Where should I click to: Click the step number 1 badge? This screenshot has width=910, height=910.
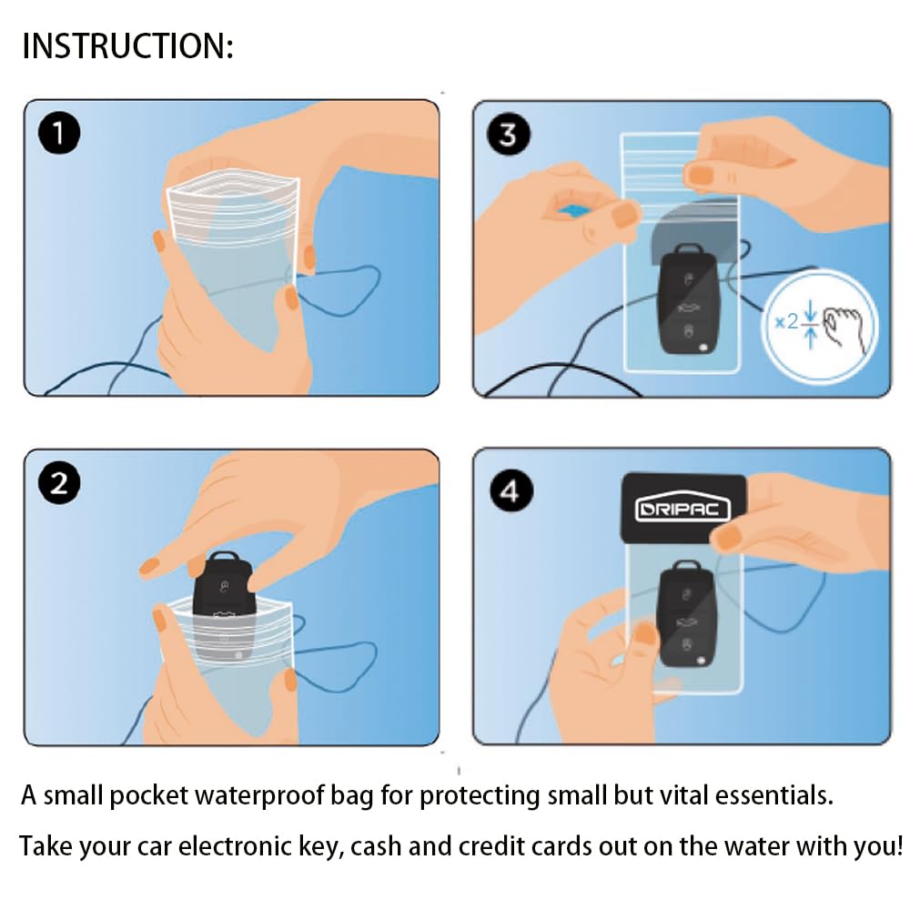(x=59, y=133)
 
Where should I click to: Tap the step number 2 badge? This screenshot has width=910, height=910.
(x=59, y=483)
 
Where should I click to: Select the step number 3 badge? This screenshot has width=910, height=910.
(x=509, y=134)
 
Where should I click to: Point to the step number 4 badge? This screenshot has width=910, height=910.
(x=511, y=491)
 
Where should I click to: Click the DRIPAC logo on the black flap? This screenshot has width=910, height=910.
(x=683, y=509)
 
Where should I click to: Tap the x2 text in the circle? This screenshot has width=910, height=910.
(x=787, y=321)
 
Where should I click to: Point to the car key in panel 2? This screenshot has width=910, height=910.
(x=224, y=603)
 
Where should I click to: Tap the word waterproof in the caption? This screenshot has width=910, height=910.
(x=258, y=795)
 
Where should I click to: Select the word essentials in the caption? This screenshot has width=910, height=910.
(x=773, y=795)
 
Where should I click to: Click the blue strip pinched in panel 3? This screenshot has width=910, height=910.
(x=572, y=211)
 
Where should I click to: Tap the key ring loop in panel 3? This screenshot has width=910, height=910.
(x=689, y=250)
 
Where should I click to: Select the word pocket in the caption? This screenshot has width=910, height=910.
(x=149, y=796)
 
